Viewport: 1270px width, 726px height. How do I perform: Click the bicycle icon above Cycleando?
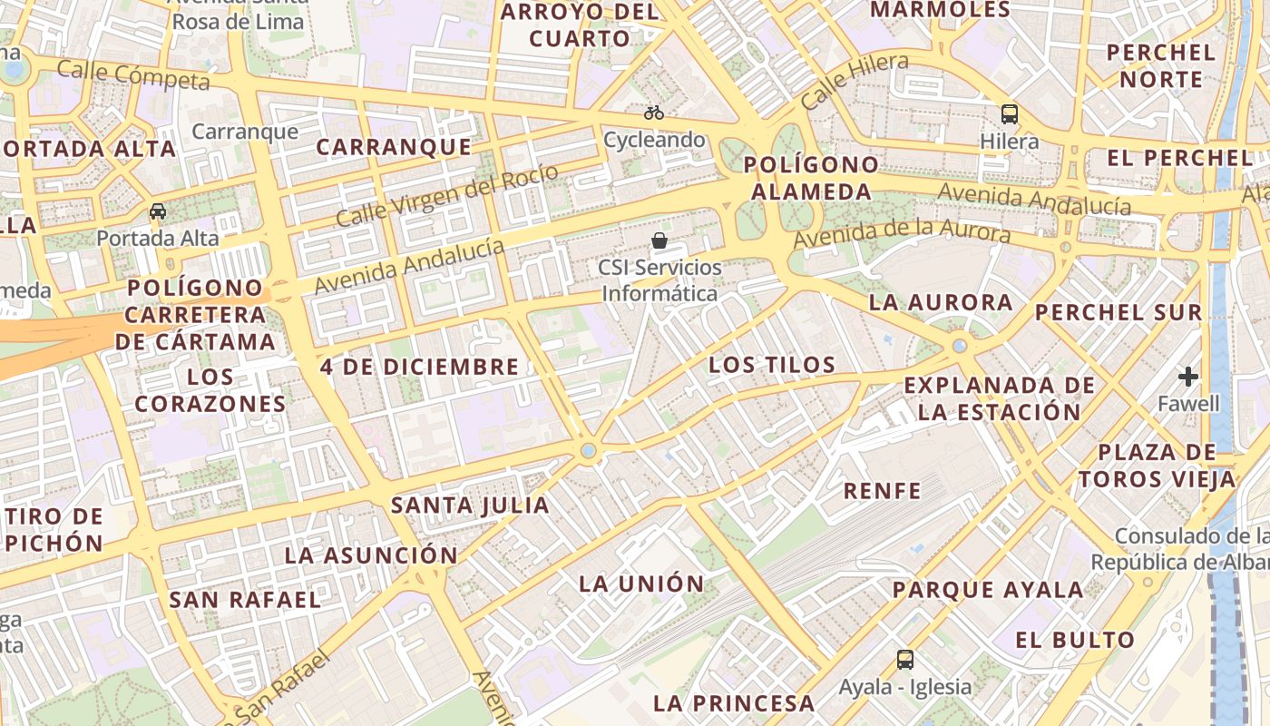click(x=653, y=113)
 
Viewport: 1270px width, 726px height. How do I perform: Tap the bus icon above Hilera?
click(x=1009, y=114)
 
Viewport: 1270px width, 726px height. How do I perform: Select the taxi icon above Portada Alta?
click(x=158, y=211)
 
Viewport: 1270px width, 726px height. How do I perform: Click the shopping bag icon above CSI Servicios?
click(x=659, y=240)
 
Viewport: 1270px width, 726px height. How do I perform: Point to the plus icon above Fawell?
click(x=1187, y=376)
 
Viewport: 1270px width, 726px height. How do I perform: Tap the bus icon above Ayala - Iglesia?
click(x=904, y=660)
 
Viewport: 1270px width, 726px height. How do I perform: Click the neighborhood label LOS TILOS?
click(x=772, y=365)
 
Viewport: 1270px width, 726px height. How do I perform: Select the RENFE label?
click(x=882, y=491)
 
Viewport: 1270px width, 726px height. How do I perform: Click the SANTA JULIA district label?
click(x=470, y=505)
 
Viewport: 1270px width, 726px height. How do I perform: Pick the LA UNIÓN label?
click(x=641, y=584)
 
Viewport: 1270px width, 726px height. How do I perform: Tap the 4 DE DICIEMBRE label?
click(x=419, y=367)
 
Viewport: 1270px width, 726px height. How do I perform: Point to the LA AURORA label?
click(x=941, y=302)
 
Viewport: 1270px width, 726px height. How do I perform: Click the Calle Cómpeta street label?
click(x=133, y=75)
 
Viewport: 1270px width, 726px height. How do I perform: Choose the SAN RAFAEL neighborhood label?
click(x=245, y=600)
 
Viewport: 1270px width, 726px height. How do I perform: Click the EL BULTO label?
click(x=1074, y=640)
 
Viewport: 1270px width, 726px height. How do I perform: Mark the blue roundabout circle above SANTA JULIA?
click(x=589, y=450)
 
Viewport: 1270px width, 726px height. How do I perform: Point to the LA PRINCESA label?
click(x=734, y=703)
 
